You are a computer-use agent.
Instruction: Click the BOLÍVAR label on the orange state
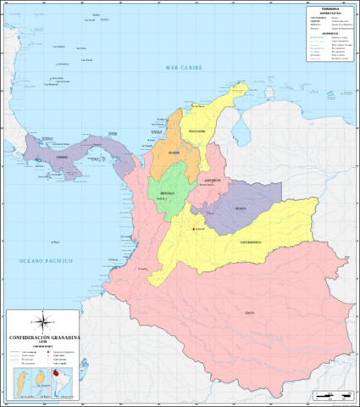(x=174, y=153)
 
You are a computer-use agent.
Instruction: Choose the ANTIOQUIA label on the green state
(x=167, y=193)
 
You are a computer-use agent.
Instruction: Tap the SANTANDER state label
(x=211, y=180)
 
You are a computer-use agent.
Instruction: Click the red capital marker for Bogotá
(x=193, y=229)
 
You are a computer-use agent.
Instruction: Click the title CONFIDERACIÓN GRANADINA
(x=44, y=337)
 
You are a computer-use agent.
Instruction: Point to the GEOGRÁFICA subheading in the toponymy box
(x=327, y=32)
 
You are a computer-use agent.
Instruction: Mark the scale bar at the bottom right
(x=330, y=395)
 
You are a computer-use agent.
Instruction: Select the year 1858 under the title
(x=44, y=343)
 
